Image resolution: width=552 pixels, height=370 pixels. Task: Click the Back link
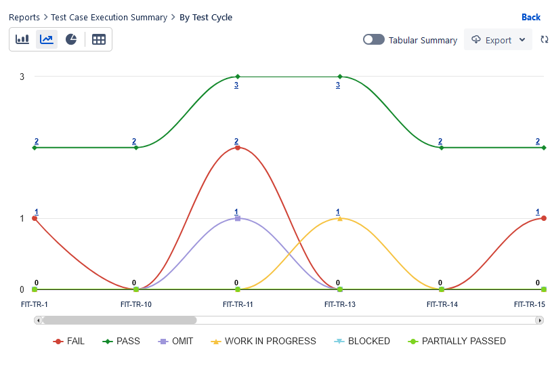click(x=530, y=17)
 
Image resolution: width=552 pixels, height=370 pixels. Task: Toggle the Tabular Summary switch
click(x=373, y=40)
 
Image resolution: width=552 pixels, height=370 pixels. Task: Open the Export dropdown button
click(x=498, y=40)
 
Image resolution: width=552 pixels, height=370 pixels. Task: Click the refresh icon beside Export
click(x=544, y=40)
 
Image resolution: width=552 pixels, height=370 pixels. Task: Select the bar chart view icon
click(x=22, y=39)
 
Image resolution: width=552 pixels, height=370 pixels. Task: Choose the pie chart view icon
click(x=71, y=39)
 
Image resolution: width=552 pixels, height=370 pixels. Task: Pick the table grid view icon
click(x=99, y=39)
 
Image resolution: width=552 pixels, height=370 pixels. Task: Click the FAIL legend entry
click(x=69, y=341)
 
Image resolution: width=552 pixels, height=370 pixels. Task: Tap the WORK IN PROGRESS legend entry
click(x=263, y=341)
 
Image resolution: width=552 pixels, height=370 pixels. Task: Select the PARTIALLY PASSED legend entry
click(x=457, y=341)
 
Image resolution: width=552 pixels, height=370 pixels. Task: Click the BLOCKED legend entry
click(x=362, y=341)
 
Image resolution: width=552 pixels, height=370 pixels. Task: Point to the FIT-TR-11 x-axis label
click(x=238, y=304)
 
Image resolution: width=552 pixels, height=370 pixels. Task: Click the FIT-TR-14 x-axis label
click(x=442, y=304)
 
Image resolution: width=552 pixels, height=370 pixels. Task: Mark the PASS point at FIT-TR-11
click(x=238, y=77)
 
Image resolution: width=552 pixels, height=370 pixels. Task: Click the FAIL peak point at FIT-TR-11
click(x=238, y=148)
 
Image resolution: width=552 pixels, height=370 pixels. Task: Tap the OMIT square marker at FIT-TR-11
click(x=238, y=218)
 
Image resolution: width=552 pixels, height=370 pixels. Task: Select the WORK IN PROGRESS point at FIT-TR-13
click(x=339, y=218)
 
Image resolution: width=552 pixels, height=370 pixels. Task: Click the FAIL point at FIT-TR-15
click(x=543, y=218)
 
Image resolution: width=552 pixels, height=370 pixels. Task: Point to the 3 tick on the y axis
click(x=22, y=77)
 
